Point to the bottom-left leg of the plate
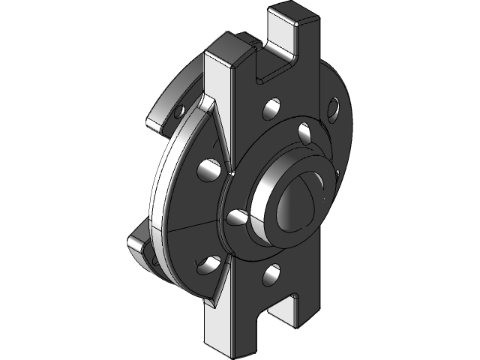pyautogui.click(x=225, y=330)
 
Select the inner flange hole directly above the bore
pyautogui.click(x=304, y=133)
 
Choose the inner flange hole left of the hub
pyautogui.click(x=236, y=217)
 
